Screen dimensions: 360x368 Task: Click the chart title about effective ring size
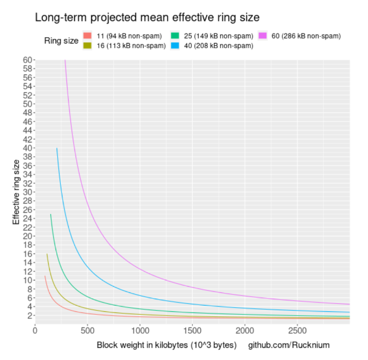point(147,17)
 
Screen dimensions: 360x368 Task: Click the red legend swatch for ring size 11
point(88,36)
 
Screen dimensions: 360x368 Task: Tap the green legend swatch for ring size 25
point(175,36)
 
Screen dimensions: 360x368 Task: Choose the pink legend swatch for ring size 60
point(263,36)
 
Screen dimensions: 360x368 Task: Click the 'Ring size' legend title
point(61,41)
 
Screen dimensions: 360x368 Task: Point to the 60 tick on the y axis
point(28,60)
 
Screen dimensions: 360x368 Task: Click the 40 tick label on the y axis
point(28,148)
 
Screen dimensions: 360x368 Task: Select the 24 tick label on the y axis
point(28,218)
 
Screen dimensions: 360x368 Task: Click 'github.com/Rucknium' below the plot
point(289,346)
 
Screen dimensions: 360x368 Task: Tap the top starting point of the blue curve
point(57,148)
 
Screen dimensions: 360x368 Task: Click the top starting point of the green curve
point(51,214)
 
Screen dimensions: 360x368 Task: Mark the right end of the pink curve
point(349,304)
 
